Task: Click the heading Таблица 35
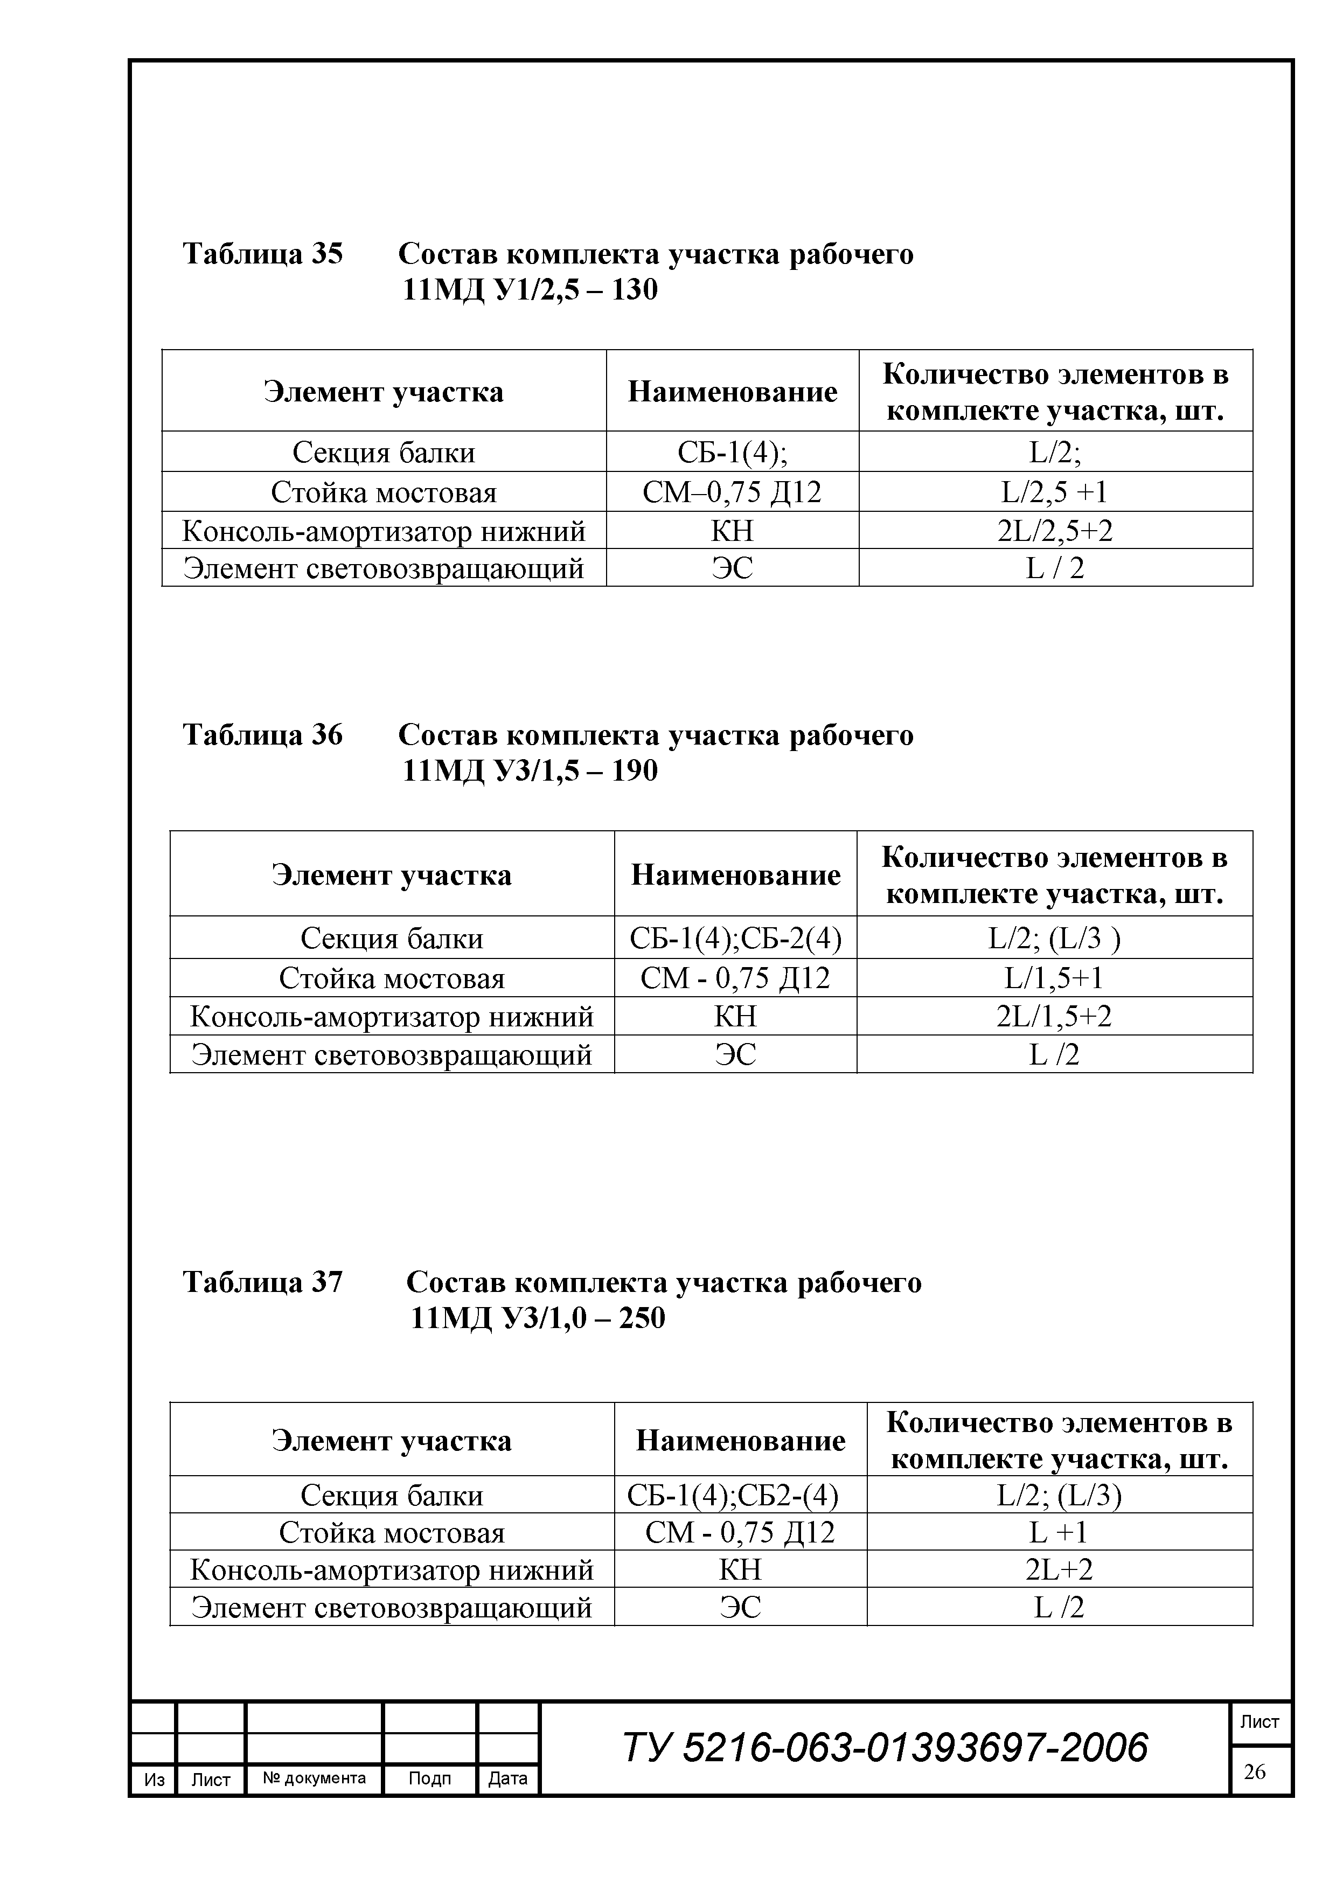point(262,254)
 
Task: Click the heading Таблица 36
point(262,734)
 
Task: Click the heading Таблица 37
point(262,1282)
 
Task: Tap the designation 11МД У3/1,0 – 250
point(538,1318)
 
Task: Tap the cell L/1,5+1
point(1054,978)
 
